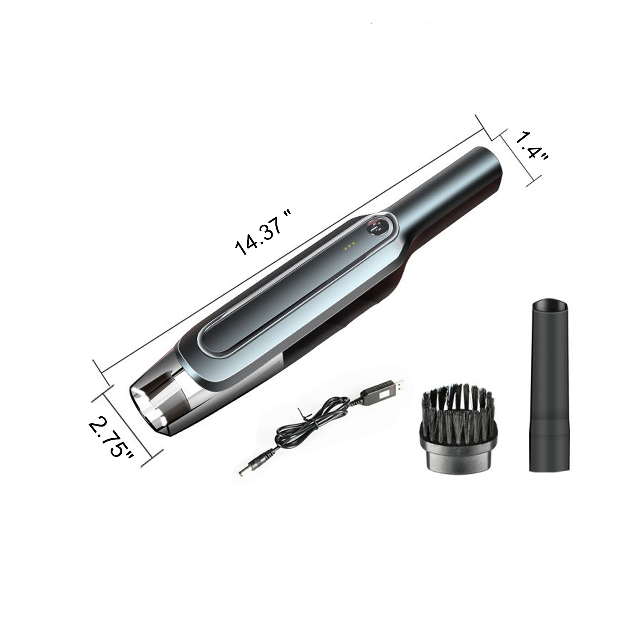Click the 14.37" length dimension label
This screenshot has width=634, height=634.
click(264, 232)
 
